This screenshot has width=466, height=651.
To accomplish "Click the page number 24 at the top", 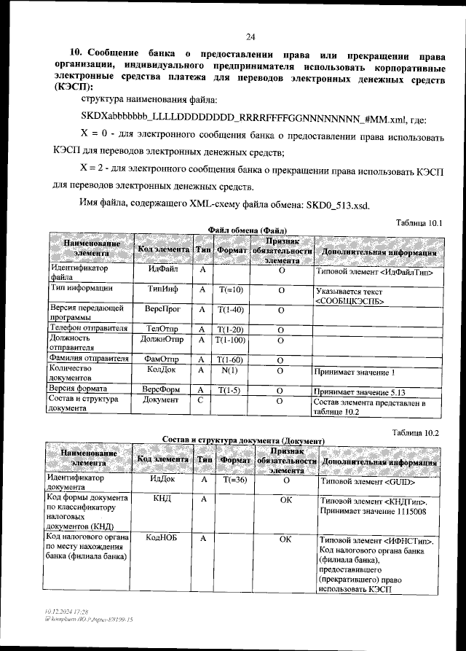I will [x=250, y=37].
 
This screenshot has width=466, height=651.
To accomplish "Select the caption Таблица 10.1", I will [x=418, y=222].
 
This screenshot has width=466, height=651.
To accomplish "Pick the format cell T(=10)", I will [x=231, y=289].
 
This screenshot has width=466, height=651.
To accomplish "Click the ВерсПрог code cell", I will [x=163, y=310].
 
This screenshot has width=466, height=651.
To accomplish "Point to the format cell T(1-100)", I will [x=231, y=340].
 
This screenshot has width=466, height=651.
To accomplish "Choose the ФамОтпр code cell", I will [x=163, y=359].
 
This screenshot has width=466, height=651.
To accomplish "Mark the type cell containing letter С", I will [x=202, y=400].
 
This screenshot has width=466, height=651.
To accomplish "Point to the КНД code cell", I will [x=163, y=499].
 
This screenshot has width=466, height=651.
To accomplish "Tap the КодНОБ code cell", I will [x=163, y=538].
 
